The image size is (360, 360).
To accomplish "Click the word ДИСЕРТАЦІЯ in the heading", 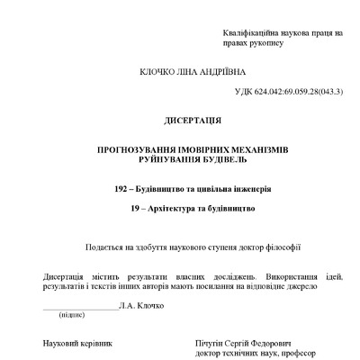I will pyautogui.click(x=180, y=120).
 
